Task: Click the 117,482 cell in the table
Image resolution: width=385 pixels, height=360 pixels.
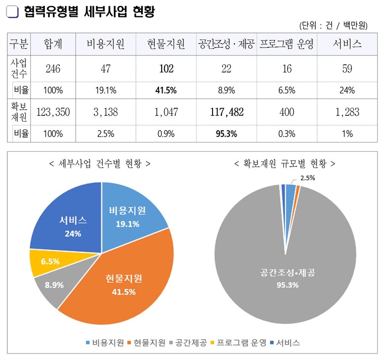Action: click(x=226, y=112)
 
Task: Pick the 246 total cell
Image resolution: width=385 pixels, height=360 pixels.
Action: click(x=52, y=69)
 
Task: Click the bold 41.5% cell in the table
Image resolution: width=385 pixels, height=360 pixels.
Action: click(x=166, y=90)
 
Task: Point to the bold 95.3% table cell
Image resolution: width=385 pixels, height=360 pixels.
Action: click(x=226, y=134)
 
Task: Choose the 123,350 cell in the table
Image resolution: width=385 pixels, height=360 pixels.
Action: click(x=52, y=112)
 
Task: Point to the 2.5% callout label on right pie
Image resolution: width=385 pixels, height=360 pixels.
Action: click(x=307, y=177)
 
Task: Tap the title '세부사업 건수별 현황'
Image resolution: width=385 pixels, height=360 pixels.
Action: click(x=100, y=163)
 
